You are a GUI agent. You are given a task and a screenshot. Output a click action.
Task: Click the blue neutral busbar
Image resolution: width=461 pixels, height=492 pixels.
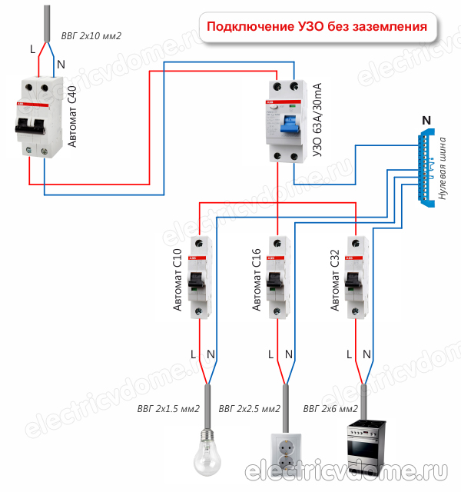coord(425,166)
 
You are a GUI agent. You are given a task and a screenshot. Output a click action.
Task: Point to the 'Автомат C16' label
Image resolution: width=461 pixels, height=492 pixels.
coord(257,280)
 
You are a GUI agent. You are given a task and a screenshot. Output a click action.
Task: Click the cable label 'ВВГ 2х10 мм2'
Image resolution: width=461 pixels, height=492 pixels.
coord(91,35)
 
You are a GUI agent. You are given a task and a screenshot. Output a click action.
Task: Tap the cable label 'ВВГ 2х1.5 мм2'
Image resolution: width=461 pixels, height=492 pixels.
coord(168,407)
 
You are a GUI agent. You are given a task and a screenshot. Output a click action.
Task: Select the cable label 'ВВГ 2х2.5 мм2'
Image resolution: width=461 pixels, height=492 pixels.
coord(249,407)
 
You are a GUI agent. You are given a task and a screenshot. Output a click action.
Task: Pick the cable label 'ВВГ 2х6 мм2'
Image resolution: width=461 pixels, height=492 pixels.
coord(331,407)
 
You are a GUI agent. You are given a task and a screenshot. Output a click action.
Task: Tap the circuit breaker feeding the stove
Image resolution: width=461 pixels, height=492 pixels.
coord(355,277)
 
